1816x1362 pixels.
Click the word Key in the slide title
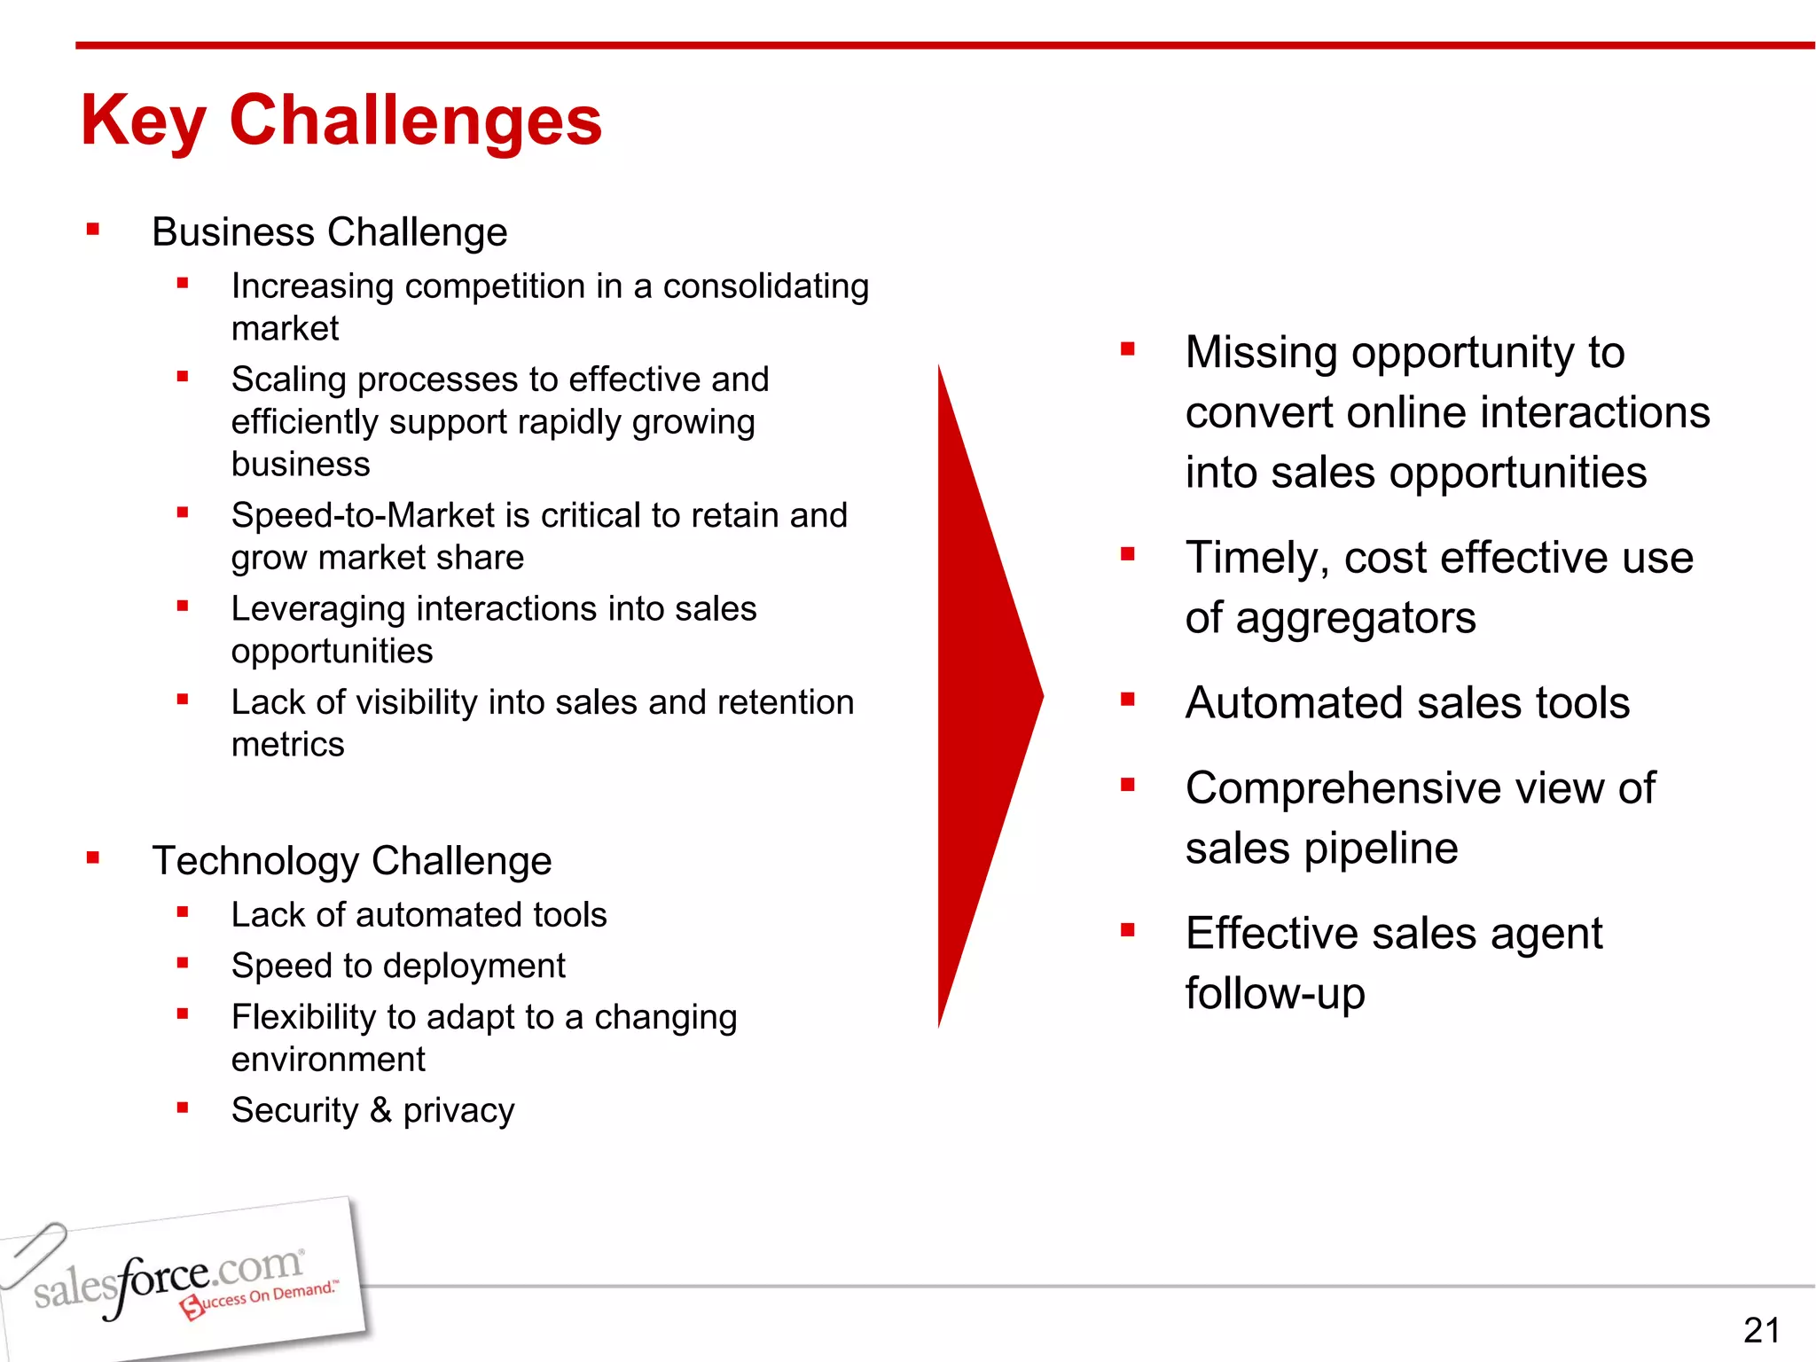tap(143, 121)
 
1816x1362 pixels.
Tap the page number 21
tap(1761, 1330)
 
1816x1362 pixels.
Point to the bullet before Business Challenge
tap(93, 231)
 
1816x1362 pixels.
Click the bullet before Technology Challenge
tap(93, 857)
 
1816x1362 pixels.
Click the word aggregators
tap(1356, 618)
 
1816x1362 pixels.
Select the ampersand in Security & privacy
tap(380, 1109)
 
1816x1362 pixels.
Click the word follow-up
tap(1274, 994)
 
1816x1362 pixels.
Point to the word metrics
tap(287, 745)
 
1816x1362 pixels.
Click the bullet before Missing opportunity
tap(1127, 349)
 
